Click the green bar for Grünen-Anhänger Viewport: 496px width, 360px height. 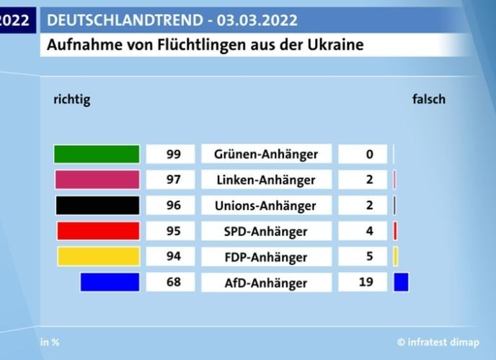click(x=97, y=154)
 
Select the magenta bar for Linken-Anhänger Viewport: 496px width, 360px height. click(x=97, y=180)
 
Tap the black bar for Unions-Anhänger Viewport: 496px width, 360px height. click(x=97, y=206)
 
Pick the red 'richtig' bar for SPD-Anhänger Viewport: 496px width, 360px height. click(x=98, y=231)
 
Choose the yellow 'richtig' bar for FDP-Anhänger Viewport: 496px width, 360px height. click(x=98, y=256)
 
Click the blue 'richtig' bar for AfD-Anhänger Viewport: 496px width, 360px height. click(x=110, y=282)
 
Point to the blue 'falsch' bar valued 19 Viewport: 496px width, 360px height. click(x=402, y=282)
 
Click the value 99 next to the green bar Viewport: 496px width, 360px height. click(x=172, y=154)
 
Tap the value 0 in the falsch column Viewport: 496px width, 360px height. click(x=369, y=154)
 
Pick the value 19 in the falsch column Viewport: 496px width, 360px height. click(x=367, y=282)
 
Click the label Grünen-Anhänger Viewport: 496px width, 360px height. click(x=265, y=154)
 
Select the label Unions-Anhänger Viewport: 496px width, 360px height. click(x=265, y=206)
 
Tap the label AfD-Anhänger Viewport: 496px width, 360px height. click(x=265, y=282)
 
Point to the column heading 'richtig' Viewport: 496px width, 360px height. click(x=72, y=100)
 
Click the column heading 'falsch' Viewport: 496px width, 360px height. click(x=428, y=100)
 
